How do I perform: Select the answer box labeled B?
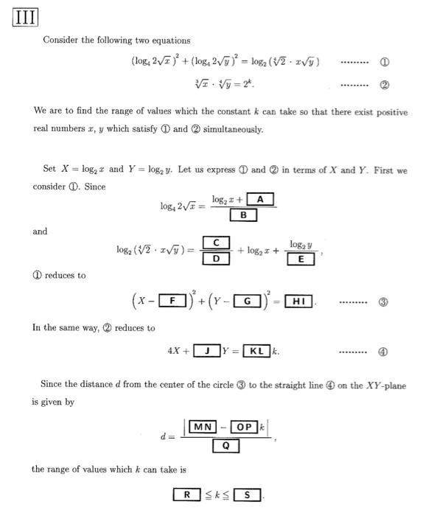[x=243, y=215]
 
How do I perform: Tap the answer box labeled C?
[x=216, y=243]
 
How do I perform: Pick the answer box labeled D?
[x=216, y=259]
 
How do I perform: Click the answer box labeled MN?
[x=202, y=427]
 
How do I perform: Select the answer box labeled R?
[x=188, y=495]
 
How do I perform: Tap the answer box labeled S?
[x=247, y=495]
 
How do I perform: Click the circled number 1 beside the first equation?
[x=383, y=63]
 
